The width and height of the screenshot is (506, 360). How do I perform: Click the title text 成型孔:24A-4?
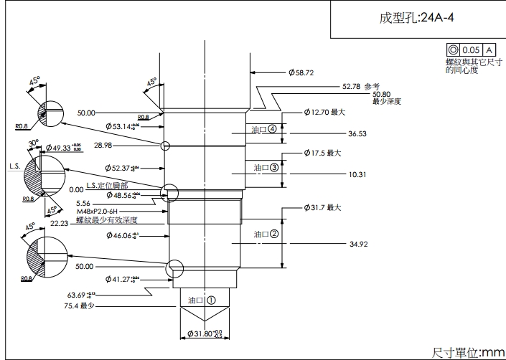pyautogui.click(x=416, y=18)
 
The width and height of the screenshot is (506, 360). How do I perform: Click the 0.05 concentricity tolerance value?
pyautogui.click(x=471, y=50)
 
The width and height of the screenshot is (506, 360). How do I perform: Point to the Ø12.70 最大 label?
pyautogui.click(x=325, y=112)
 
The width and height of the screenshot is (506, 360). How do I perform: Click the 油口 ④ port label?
pyautogui.click(x=265, y=129)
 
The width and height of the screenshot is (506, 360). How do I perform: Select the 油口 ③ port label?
pyautogui.click(x=266, y=168)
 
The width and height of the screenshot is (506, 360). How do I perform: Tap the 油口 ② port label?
pyautogui.click(x=266, y=234)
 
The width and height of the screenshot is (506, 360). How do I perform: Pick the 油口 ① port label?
pyautogui.click(x=202, y=300)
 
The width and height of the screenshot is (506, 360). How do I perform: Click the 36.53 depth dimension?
pyautogui.click(x=357, y=133)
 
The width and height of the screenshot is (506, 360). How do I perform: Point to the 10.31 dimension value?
pyautogui.click(x=357, y=174)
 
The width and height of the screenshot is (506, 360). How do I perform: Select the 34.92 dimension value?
pyautogui.click(x=359, y=245)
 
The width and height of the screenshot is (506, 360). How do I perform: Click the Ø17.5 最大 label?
pyautogui.click(x=325, y=153)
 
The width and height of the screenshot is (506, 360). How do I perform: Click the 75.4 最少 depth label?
pyautogui.click(x=80, y=305)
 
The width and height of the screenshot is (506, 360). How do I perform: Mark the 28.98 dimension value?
pyautogui.click(x=103, y=145)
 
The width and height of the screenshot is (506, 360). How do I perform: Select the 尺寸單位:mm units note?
pyautogui.click(x=468, y=352)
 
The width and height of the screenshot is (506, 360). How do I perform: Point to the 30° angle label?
pyautogui.click(x=33, y=143)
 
